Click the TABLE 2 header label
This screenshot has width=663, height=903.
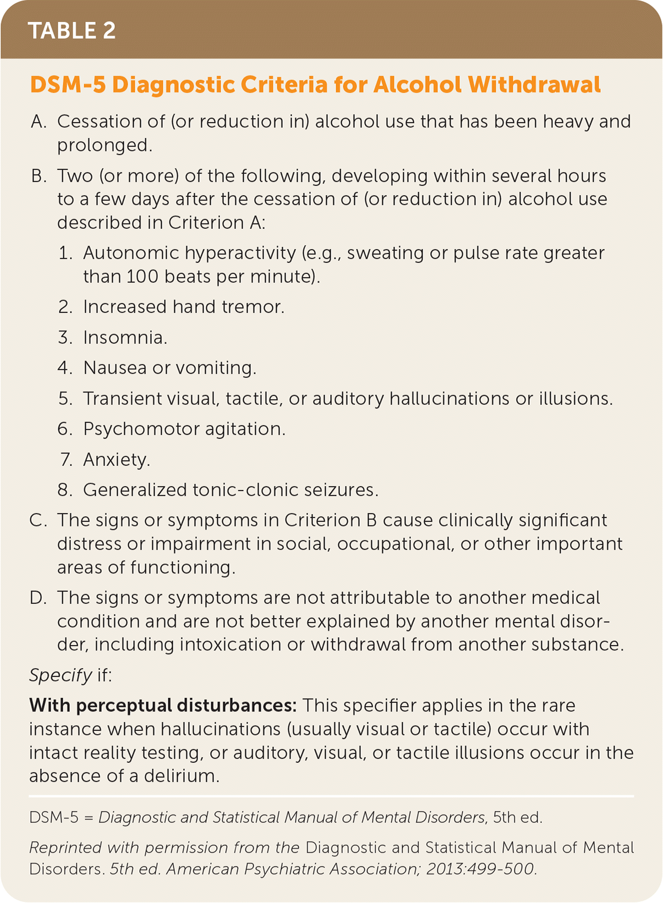pos(72,30)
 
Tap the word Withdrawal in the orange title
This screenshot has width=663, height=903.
pos(534,85)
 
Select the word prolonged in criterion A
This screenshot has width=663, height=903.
pos(103,145)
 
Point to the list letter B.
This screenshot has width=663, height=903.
pos(38,176)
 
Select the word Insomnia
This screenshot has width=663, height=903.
pos(124,337)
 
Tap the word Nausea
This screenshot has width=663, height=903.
pos(114,368)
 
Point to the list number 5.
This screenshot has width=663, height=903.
pos(65,399)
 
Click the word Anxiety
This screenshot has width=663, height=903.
pos(116,460)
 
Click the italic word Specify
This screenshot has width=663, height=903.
pos(61,675)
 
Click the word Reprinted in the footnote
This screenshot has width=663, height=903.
pos(66,848)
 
